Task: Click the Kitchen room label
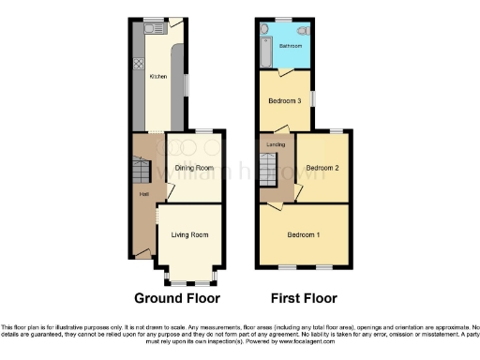pyautogui.click(x=159, y=77)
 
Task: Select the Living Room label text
pyautogui.click(x=189, y=235)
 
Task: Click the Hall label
pyautogui.click(x=144, y=194)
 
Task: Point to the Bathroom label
pyautogui.click(x=291, y=46)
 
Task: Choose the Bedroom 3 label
pyautogui.click(x=285, y=101)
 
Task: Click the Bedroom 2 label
pyautogui.click(x=322, y=168)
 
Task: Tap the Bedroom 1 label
pyautogui.click(x=304, y=234)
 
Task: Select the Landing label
pyautogui.click(x=276, y=144)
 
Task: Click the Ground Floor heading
pyautogui.click(x=177, y=299)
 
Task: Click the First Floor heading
pyautogui.click(x=304, y=299)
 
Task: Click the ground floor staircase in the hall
pyautogui.click(x=140, y=169)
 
